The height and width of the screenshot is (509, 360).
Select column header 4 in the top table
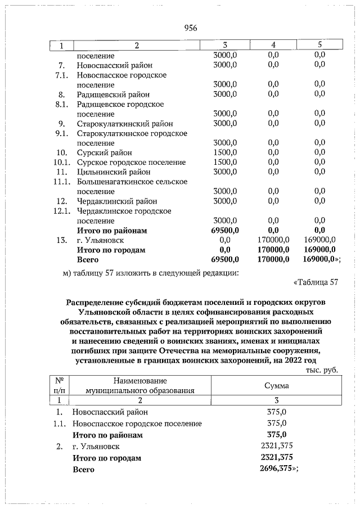(x=273, y=44)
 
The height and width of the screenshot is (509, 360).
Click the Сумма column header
(x=277, y=386)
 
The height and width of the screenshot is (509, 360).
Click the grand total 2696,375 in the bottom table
(x=277, y=469)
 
